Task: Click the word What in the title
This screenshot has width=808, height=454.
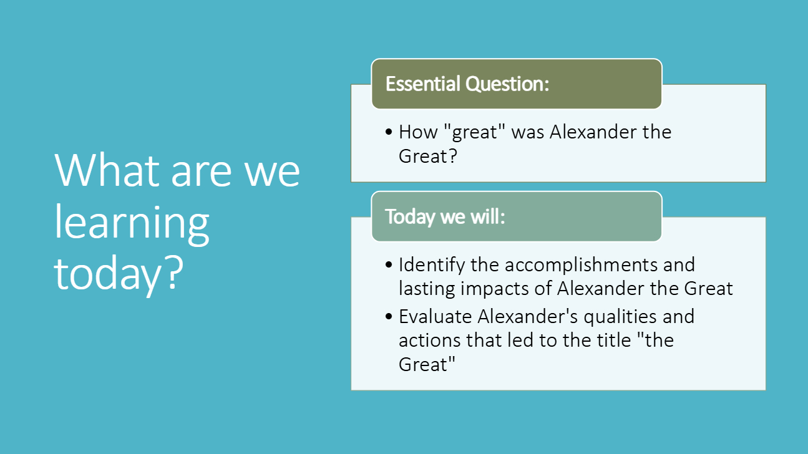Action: (x=107, y=170)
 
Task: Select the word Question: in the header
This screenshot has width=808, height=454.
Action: (x=507, y=84)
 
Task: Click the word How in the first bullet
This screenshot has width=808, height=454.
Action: (x=417, y=132)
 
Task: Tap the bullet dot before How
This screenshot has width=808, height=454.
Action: (x=389, y=132)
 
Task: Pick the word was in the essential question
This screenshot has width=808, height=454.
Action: (x=528, y=133)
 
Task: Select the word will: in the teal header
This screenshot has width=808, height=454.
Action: (x=488, y=216)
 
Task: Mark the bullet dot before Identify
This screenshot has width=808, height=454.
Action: (x=389, y=264)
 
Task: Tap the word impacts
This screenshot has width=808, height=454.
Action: (x=495, y=289)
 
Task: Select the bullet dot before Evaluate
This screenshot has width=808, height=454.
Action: (x=389, y=317)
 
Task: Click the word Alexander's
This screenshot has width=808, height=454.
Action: (x=528, y=317)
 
